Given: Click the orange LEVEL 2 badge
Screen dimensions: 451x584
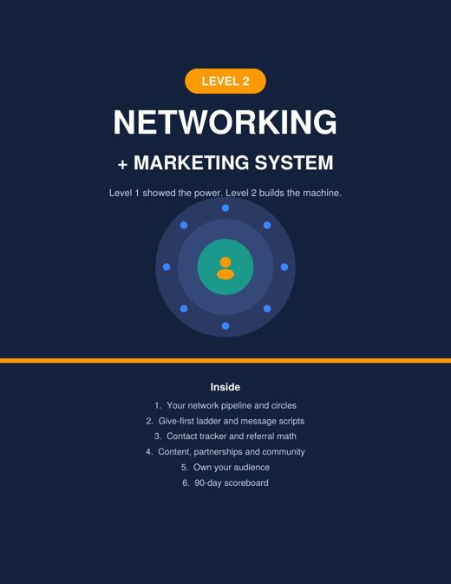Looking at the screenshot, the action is [x=225, y=81].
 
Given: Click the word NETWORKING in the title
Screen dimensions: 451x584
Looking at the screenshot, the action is [x=225, y=122].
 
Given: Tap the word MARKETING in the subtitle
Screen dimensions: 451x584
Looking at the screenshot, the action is [x=192, y=163].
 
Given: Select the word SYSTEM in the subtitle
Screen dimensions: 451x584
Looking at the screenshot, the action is [x=294, y=163].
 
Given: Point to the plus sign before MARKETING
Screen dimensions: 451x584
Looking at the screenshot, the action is [x=122, y=164].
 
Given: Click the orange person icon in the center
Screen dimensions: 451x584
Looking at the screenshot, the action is [x=225, y=268].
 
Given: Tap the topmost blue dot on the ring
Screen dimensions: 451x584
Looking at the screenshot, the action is [x=225, y=208].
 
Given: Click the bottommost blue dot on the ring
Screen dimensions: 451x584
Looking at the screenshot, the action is [x=225, y=326].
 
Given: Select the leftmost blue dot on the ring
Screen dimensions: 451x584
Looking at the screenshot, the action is [x=167, y=267].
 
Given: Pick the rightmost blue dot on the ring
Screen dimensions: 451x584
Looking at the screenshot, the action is [x=284, y=267].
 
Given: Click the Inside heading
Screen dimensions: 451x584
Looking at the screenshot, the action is [x=225, y=387].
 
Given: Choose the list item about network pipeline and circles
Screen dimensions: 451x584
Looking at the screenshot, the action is [x=225, y=405].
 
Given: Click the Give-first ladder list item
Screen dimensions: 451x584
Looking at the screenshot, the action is [x=225, y=421].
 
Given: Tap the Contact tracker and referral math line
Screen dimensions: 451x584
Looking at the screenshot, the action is [x=225, y=436].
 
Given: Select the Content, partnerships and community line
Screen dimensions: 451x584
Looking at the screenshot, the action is [x=225, y=452].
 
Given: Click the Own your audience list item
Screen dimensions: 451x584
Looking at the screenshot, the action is [x=225, y=468].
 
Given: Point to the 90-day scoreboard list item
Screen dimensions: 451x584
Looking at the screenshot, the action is [x=225, y=483].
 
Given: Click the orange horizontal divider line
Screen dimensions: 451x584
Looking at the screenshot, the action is [x=225, y=360].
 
